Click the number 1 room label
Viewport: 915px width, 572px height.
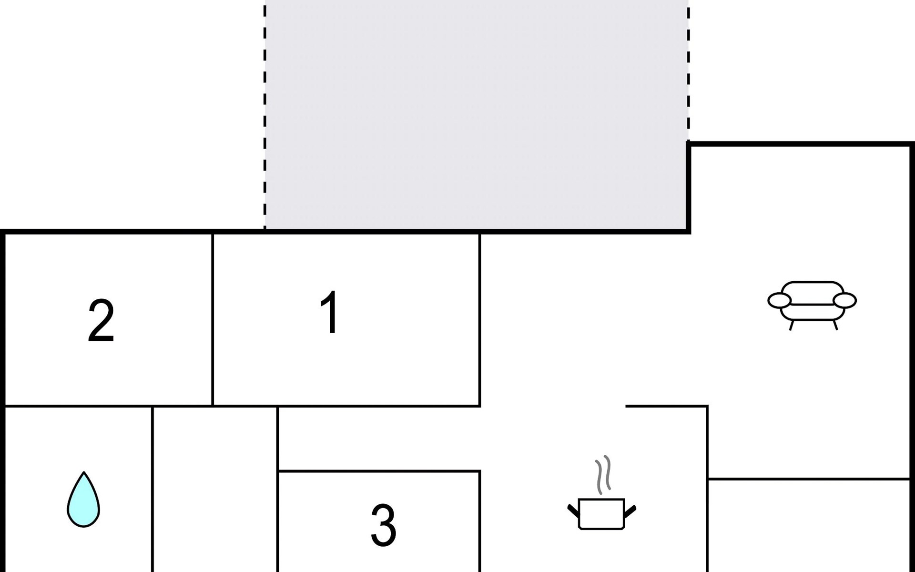pyautogui.click(x=330, y=312)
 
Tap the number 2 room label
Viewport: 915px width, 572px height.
pyautogui.click(x=101, y=320)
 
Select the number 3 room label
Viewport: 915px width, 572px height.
pyautogui.click(x=384, y=525)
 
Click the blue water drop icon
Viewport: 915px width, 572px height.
pyautogui.click(x=83, y=500)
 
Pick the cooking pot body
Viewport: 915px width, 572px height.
pyautogui.click(x=601, y=514)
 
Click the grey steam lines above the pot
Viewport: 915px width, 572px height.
pyautogui.click(x=603, y=475)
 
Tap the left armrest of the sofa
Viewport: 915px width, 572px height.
pyautogui.click(x=779, y=301)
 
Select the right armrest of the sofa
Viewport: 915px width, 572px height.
pyautogui.click(x=845, y=301)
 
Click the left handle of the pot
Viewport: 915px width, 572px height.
pyautogui.click(x=573, y=510)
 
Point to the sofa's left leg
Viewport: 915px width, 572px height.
pyautogui.click(x=791, y=325)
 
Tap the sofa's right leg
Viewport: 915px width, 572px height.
pyautogui.click(x=834, y=325)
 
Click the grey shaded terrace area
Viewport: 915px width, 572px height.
pyautogui.click(x=477, y=114)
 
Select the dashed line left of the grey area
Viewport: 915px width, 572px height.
pyautogui.click(x=265, y=114)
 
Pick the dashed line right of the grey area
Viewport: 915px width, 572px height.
pyautogui.click(x=688, y=71)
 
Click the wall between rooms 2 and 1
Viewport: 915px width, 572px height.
pyautogui.click(x=213, y=319)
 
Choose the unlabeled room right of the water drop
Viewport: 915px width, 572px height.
pyautogui.click(x=215, y=491)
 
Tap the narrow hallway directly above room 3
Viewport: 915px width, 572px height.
pyautogui.click(x=379, y=439)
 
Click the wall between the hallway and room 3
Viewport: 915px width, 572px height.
pyautogui.click(x=379, y=471)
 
